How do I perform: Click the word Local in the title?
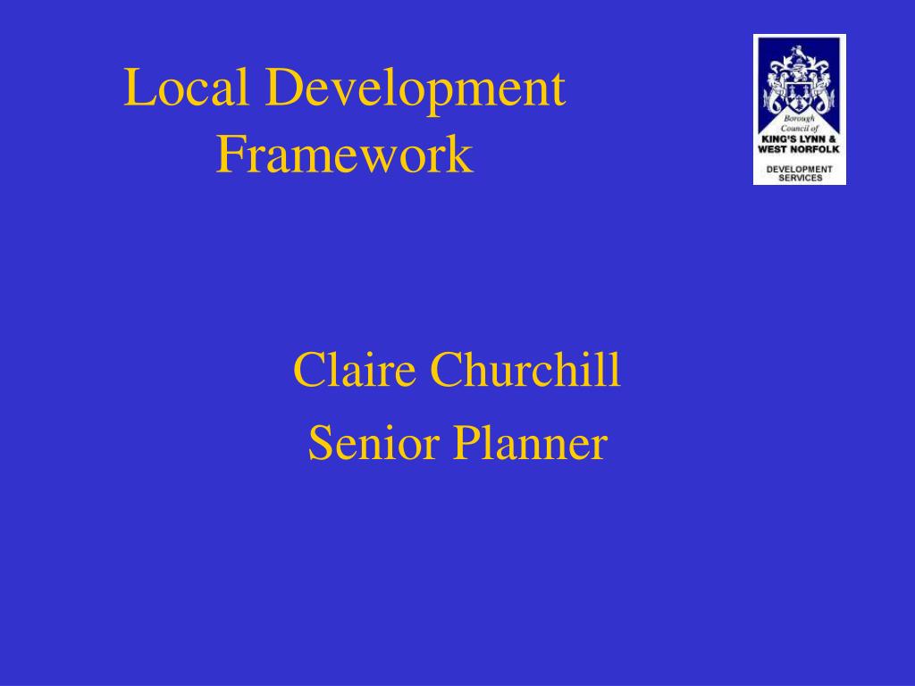[186, 89]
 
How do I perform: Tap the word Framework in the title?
[344, 155]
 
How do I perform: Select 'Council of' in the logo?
[799, 130]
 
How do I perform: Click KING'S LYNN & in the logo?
[799, 139]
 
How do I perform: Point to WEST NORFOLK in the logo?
[799, 149]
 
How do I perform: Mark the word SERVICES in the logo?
[799, 178]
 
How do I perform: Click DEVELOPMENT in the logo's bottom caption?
[799, 169]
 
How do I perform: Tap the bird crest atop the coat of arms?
[799, 55]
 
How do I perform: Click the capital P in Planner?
[466, 444]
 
